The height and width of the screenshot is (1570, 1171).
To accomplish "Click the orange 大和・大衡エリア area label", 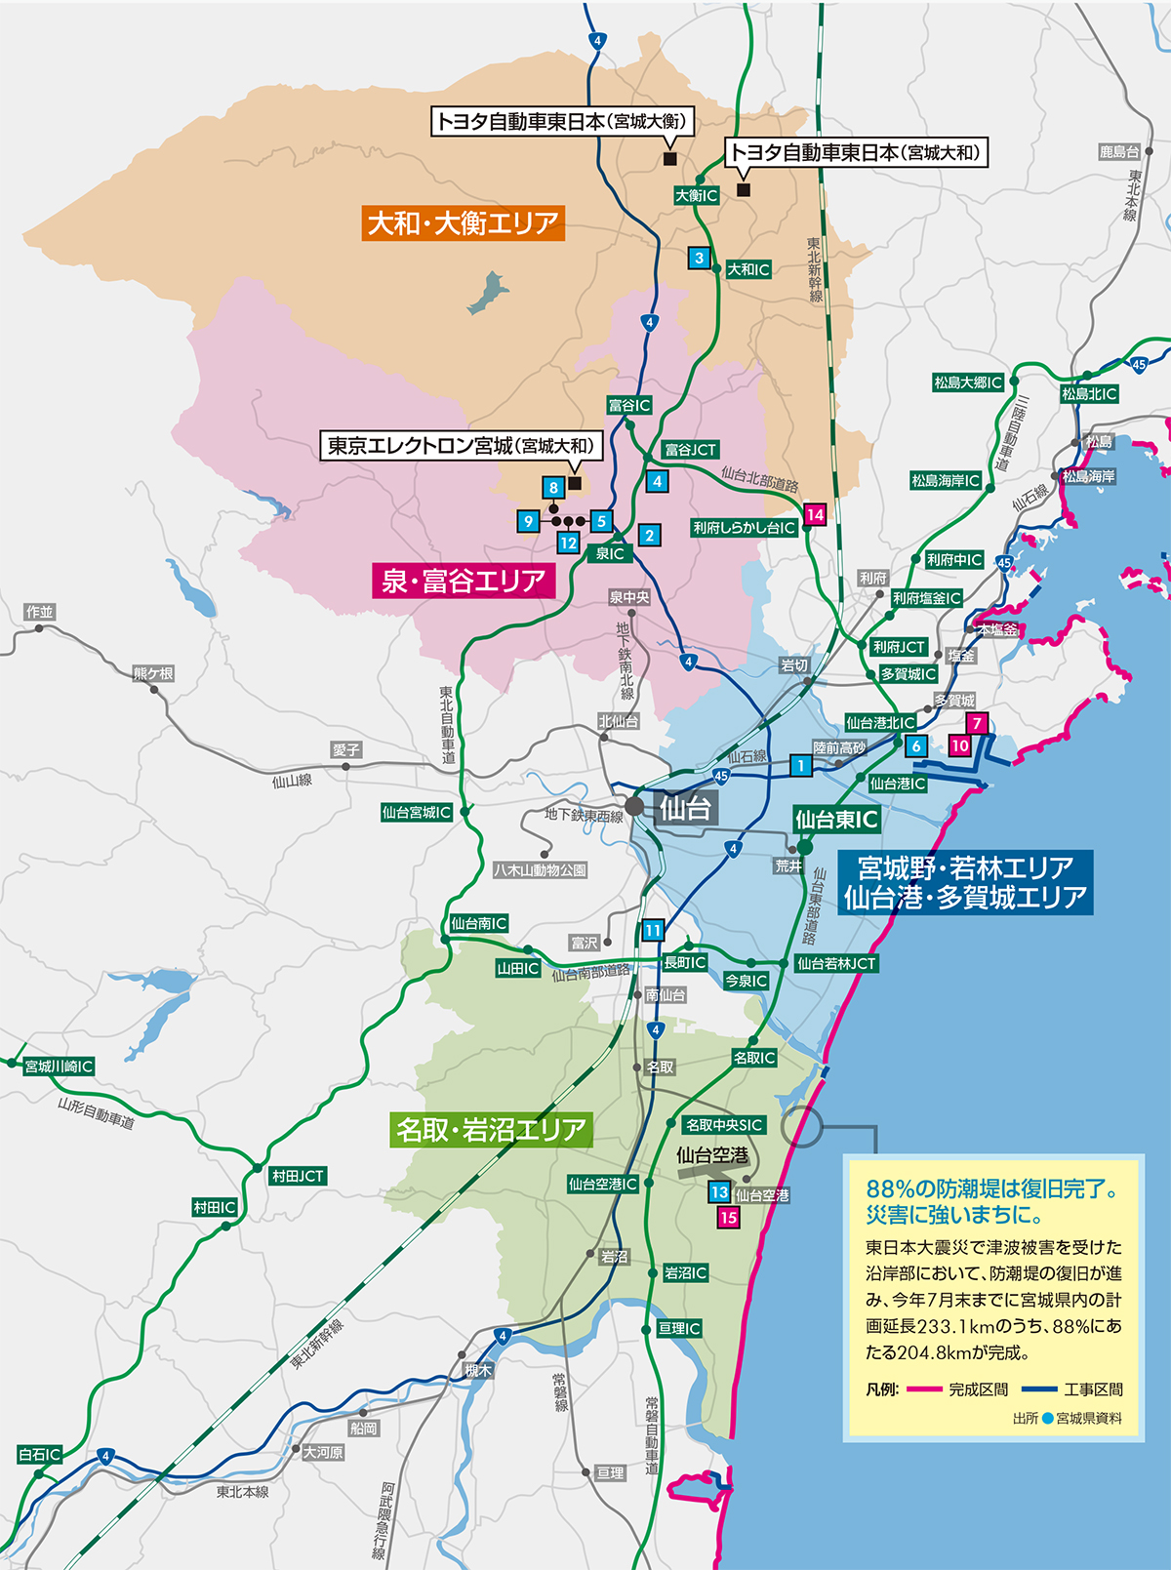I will pyautogui.click(x=464, y=223).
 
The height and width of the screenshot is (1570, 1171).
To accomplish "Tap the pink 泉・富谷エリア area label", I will pyautogui.click(x=464, y=582).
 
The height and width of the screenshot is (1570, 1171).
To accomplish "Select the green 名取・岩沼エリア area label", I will pyautogui.click(x=491, y=1130).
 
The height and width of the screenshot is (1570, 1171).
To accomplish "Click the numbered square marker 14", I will pyautogui.click(x=815, y=514).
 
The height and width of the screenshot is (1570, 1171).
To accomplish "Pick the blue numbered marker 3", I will pyautogui.click(x=699, y=259).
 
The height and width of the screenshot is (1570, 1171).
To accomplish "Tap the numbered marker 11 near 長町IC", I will pyautogui.click(x=653, y=930).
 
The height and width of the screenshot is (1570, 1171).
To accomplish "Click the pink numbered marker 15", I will pyautogui.click(x=728, y=1217).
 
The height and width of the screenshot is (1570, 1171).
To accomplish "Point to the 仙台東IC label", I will pyautogui.click(x=836, y=820).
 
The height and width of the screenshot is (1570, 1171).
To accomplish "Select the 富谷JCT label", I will pyautogui.click(x=690, y=450).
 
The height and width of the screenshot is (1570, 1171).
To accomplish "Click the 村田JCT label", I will pyautogui.click(x=298, y=1177).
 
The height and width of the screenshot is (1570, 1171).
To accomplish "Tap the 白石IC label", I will pyautogui.click(x=40, y=1455).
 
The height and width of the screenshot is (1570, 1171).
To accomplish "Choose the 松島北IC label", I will pyautogui.click(x=1089, y=394).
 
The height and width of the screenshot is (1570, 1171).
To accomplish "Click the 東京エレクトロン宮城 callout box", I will pyautogui.click(x=461, y=446).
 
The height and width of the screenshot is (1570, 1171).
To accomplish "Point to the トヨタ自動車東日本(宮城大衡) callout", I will pyautogui.click(x=562, y=122).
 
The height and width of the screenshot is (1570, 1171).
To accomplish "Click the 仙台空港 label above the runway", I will pyautogui.click(x=712, y=1155).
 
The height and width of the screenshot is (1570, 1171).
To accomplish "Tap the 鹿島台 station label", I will pyautogui.click(x=1119, y=152).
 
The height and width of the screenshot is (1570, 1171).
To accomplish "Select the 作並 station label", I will pyautogui.click(x=40, y=612).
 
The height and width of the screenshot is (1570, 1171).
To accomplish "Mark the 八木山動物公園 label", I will pyautogui.click(x=540, y=869).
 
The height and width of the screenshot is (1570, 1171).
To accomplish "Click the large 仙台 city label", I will pyautogui.click(x=685, y=808).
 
